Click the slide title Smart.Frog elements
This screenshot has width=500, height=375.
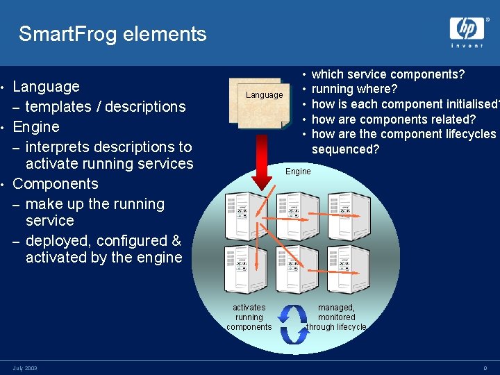coord(112,34)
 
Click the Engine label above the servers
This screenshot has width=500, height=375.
coord(298,172)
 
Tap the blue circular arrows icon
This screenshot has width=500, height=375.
coord(294,324)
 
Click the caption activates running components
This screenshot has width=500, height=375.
coord(249,317)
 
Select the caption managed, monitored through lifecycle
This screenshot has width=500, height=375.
coord(336,317)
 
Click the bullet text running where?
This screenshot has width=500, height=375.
coord(354,89)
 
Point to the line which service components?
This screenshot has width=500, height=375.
coord(388,74)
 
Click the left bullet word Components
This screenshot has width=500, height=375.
coord(56,184)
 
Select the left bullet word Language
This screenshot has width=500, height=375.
coord(46,87)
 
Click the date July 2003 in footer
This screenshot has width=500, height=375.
coord(25,368)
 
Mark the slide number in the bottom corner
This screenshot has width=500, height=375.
coord(485,368)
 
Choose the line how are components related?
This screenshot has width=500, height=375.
coord(393,119)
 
